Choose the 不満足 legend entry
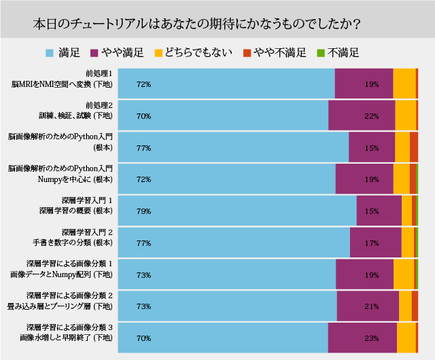click(337, 52)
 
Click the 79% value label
click(143, 211)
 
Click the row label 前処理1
click(99, 73)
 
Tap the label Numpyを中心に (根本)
click(75, 179)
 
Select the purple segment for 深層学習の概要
click(379, 211)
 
